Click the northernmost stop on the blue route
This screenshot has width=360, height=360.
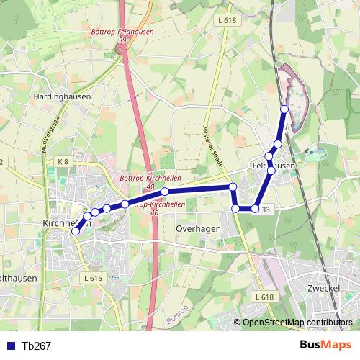[x=284, y=109]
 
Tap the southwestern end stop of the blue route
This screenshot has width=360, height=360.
[x=76, y=231]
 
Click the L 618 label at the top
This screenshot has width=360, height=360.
[x=226, y=21]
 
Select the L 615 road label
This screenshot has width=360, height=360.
[x=93, y=278]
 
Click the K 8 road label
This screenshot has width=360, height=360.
[x=63, y=161]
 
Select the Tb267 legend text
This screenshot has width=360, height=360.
[x=36, y=346]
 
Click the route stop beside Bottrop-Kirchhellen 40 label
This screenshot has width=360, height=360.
[x=165, y=192]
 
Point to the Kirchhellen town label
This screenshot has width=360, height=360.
[x=60, y=222]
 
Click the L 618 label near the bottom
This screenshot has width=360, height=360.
[x=264, y=297]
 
